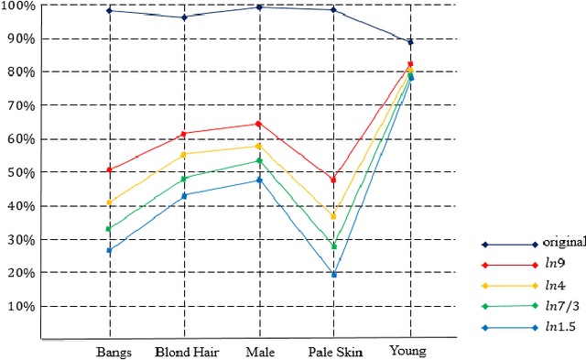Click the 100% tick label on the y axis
point(17,6)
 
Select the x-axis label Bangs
point(114,352)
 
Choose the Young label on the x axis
point(407,352)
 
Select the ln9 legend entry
point(555,264)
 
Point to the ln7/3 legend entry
point(559,305)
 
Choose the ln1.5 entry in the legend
point(559,326)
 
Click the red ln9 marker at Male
point(259,124)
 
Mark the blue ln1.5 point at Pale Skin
point(334,274)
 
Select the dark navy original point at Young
point(410,42)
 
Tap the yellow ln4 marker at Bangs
point(110,202)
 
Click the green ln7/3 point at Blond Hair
point(184,179)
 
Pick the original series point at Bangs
point(110,10)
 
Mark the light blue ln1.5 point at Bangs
point(110,250)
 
